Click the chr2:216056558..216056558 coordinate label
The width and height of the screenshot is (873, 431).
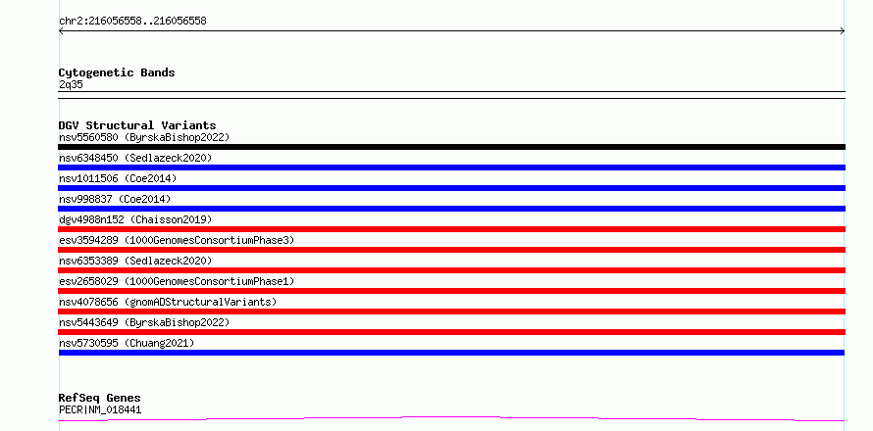click(132, 22)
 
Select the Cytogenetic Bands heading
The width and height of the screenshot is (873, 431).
click(117, 72)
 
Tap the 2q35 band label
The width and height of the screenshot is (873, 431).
click(71, 85)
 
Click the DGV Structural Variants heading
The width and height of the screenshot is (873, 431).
click(137, 125)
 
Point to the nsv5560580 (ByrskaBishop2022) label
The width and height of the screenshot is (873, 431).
click(144, 137)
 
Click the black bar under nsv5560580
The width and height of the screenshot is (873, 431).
click(451, 147)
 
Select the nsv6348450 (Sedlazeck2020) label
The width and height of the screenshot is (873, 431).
click(135, 158)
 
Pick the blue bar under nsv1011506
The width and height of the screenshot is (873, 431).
click(451, 188)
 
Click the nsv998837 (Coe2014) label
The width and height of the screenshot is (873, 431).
click(115, 199)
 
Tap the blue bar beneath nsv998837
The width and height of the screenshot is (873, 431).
click(451, 209)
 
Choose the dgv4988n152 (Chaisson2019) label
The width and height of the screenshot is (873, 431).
click(135, 219)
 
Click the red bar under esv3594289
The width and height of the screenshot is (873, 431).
click(451, 250)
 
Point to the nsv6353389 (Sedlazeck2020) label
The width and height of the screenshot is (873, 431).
click(135, 261)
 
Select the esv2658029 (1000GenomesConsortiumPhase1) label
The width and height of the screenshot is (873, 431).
click(177, 281)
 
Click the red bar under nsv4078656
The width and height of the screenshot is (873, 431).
click(451, 311)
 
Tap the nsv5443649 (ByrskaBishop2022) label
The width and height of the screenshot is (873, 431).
click(144, 322)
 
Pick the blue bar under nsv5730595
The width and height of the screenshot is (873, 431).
click(451, 353)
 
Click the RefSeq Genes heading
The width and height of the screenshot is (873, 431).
click(100, 398)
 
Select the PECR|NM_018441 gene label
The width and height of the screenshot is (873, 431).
click(100, 409)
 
